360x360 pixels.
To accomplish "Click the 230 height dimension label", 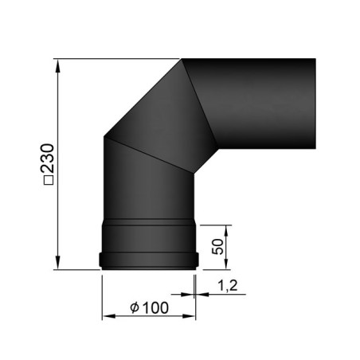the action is (x=47, y=158).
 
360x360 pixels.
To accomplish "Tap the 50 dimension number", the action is (x=218, y=247).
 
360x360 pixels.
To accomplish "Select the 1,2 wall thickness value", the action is (x=227, y=285).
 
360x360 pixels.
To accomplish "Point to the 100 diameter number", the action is (x=155, y=307).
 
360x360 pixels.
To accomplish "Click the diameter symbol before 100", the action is (x=135, y=307).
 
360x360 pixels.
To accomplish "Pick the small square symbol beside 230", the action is (x=48, y=180).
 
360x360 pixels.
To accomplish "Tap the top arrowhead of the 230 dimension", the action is (x=57, y=66).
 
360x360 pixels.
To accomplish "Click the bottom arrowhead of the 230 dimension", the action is (x=57, y=262).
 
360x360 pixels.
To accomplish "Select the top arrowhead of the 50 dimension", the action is (x=226, y=232).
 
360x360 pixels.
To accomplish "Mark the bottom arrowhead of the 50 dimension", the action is (x=226, y=263).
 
